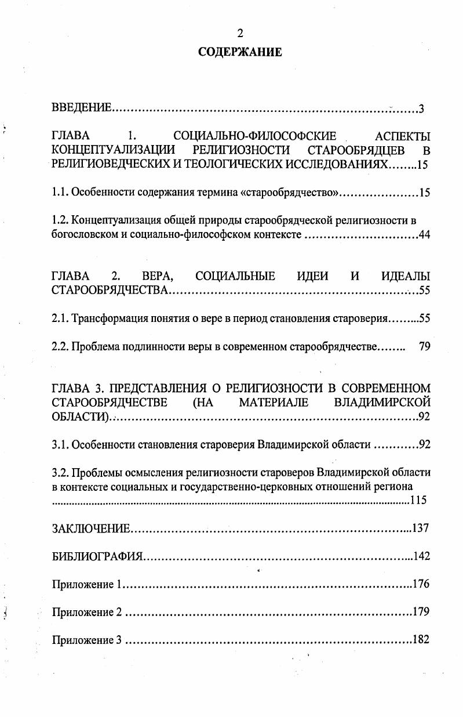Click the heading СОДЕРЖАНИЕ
tap(240, 52)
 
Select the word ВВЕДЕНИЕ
tap(81, 108)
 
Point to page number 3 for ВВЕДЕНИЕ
tap(422, 108)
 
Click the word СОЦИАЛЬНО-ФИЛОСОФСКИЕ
tap(255, 137)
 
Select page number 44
tap(424, 235)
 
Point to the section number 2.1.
tap(60, 318)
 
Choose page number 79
tap(424, 347)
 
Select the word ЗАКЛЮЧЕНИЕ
tap(90, 528)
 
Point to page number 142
tap(421, 556)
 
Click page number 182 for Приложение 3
tap(421, 640)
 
